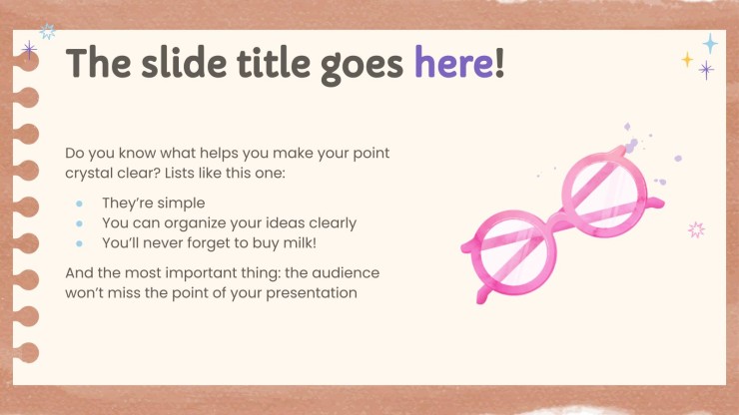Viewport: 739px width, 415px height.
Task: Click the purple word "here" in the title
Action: (453, 63)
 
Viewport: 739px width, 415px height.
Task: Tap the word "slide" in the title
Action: (185, 63)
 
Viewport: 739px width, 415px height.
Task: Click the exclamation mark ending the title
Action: (499, 63)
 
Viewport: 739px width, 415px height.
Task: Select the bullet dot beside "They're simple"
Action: (79, 204)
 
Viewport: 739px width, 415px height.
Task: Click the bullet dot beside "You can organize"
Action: (79, 223)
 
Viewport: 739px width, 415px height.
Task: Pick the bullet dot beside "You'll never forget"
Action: (79, 243)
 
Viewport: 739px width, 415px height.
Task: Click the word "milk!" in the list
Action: (300, 242)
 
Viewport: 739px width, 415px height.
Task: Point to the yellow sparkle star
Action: (687, 59)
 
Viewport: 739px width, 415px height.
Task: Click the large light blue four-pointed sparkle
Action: (710, 43)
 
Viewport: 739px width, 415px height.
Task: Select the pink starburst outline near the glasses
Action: (696, 229)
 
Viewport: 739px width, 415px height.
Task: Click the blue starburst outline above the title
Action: (48, 32)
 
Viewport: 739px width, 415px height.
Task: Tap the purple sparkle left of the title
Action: (29, 50)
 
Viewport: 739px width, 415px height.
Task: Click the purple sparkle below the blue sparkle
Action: (706, 70)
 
